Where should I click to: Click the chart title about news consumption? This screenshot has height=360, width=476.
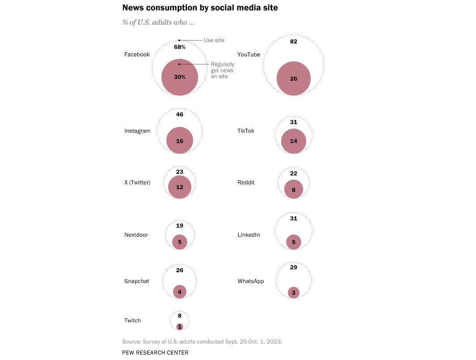click(200, 8)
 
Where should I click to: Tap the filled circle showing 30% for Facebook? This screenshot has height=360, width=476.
click(179, 77)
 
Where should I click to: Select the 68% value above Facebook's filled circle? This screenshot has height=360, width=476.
click(179, 47)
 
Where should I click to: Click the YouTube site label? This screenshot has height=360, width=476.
click(248, 55)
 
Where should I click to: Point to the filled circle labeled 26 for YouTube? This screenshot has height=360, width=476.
click(293, 79)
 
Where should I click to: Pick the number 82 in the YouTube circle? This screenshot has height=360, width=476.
click(293, 42)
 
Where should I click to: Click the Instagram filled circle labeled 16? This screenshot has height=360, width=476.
click(179, 141)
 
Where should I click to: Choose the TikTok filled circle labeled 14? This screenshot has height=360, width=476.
click(293, 141)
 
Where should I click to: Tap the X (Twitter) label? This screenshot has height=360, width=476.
click(137, 183)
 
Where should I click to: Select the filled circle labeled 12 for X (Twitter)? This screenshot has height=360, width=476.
click(179, 187)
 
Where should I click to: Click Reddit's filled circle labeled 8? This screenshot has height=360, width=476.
click(293, 190)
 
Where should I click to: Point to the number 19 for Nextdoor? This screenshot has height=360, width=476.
click(179, 226)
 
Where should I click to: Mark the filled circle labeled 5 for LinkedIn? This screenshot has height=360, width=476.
click(293, 242)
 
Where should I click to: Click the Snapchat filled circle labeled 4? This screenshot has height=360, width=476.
click(179, 292)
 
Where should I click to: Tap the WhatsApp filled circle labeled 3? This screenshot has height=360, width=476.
click(293, 293)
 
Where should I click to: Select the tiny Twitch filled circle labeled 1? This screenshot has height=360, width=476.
click(179, 327)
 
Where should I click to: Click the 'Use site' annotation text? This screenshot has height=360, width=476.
click(214, 40)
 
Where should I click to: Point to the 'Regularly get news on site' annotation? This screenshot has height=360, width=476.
click(222, 70)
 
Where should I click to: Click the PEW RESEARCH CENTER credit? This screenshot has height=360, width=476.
click(155, 353)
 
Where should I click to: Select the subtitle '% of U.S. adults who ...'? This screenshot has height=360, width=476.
click(158, 22)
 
